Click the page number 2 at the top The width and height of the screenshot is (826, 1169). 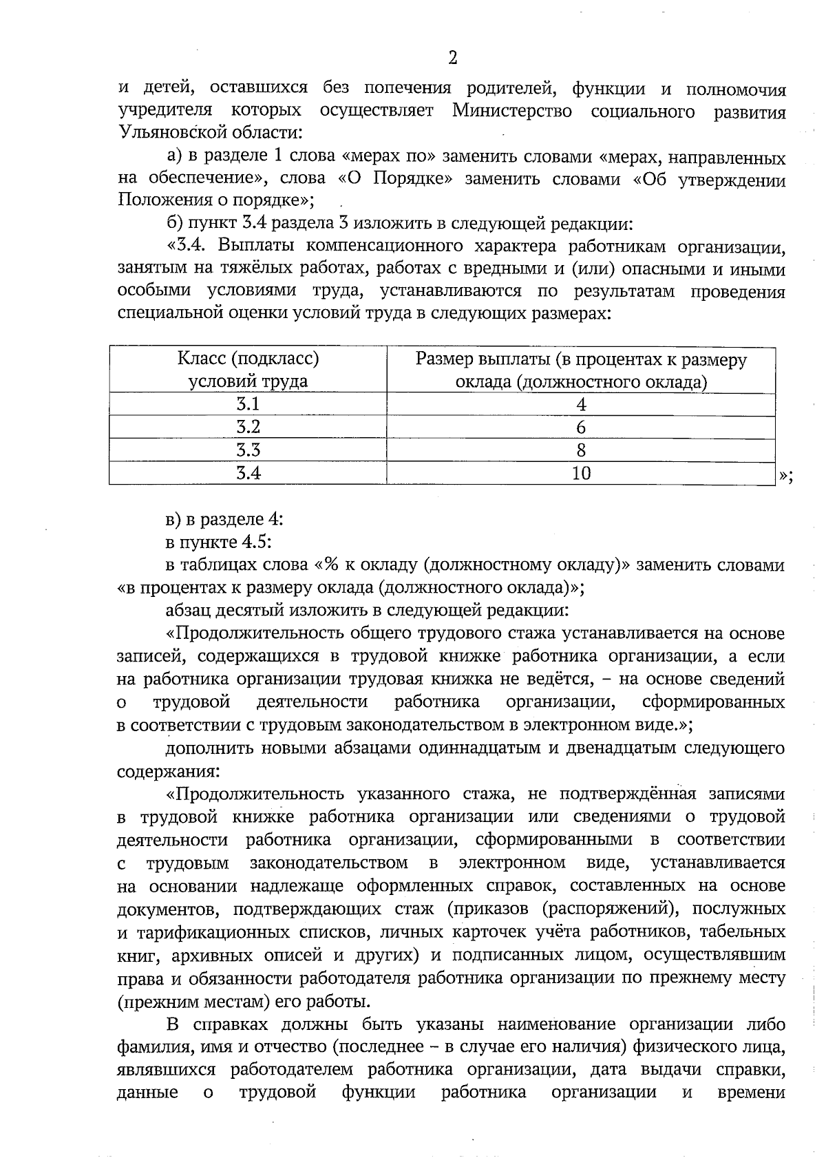[452, 58]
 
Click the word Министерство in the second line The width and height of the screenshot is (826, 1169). [511, 111]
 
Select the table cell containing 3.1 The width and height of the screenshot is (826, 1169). [248, 404]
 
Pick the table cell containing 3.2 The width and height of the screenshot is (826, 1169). [248, 427]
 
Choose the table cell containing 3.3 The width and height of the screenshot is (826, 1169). [248, 450]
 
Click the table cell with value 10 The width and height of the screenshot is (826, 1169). [581, 473]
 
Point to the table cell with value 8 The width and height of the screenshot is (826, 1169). [581, 450]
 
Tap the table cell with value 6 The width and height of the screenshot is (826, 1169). [581, 427]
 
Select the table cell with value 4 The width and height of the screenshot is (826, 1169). [581, 404]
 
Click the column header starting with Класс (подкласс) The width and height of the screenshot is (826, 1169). [248, 370]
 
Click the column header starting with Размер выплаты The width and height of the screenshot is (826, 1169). [581, 370]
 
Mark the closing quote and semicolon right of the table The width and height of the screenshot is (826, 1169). [786, 475]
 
